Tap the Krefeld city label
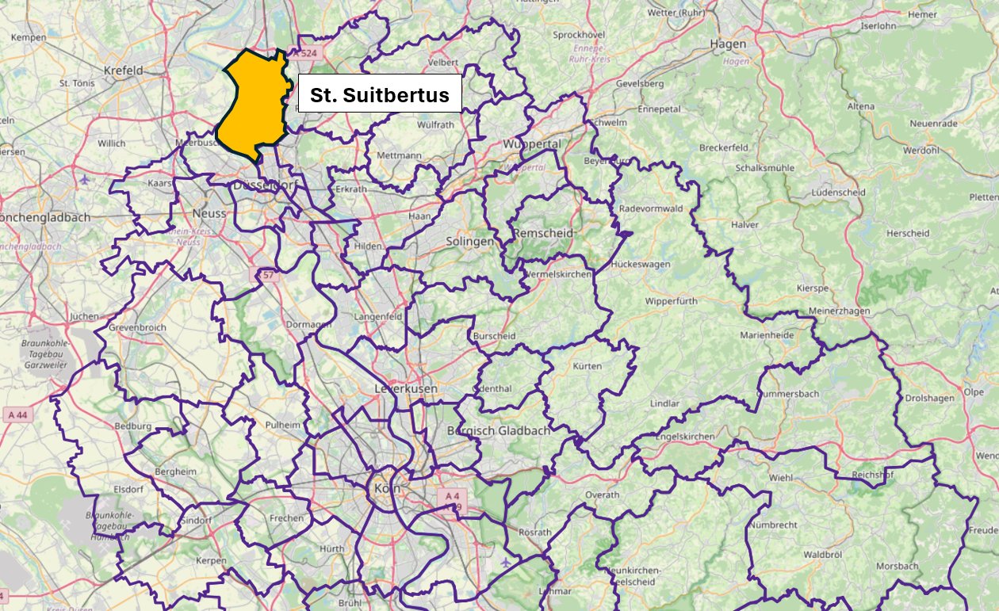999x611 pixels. pyautogui.click(x=123, y=71)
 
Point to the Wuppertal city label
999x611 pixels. pyautogui.click(x=531, y=144)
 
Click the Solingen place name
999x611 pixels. pyautogui.click(x=469, y=241)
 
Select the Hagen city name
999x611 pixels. pyautogui.click(x=729, y=44)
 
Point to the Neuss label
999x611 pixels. pyautogui.click(x=209, y=213)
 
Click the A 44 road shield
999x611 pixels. pyautogui.click(x=17, y=414)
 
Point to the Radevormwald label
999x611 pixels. pyautogui.click(x=650, y=208)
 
